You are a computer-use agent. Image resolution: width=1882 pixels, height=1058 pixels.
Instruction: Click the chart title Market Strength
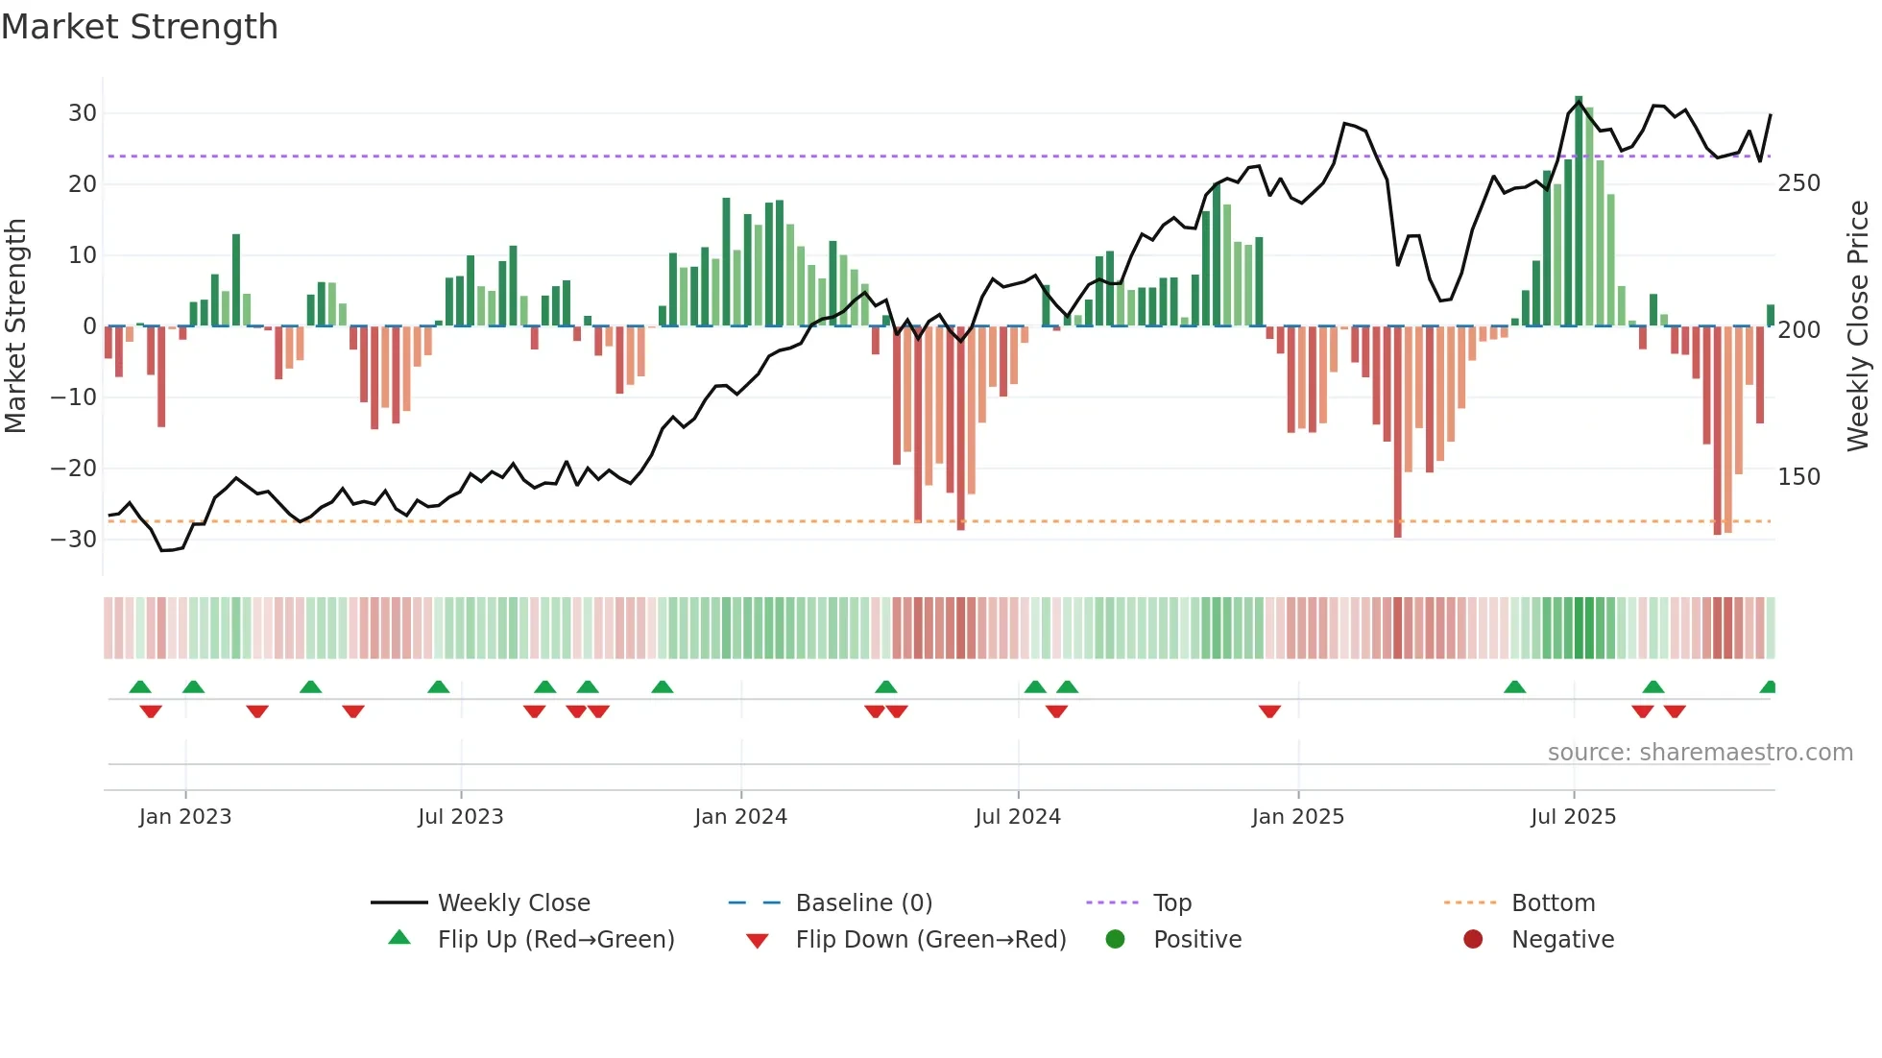click(139, 27)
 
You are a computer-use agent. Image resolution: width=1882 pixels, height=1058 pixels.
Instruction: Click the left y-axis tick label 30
click(83, 113)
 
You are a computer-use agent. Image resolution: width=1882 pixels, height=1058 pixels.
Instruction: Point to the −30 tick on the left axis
click(75, 540)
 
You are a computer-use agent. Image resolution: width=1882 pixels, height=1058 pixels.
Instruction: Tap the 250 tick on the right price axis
click(1798, 183)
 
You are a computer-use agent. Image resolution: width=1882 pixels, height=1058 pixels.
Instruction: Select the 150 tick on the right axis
click(1798, 477)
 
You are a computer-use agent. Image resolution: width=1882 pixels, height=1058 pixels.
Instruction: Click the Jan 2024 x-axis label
click(740, 817)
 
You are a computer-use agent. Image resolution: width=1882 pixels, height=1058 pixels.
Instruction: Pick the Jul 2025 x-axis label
click(1573, 817)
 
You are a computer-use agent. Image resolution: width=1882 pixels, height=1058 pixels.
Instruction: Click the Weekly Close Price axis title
click(1858, 326)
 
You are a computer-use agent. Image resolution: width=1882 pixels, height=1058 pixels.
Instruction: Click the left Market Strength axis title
click(15, 326)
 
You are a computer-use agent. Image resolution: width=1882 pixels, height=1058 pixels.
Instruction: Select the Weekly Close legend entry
click(514, 903)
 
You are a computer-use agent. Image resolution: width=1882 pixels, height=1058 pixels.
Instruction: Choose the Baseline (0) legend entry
click(863, 903)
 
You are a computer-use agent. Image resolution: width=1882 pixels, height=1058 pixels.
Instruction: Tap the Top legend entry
click(1171, 903)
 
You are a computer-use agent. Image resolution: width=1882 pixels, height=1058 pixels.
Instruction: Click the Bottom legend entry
click(1553, 903)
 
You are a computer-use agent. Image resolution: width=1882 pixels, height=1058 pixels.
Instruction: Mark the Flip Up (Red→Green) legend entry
click(555, 940)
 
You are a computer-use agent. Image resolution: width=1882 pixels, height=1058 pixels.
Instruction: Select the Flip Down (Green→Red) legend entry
click(929, 940)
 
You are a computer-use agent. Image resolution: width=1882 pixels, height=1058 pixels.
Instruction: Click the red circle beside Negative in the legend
click(1473, 940)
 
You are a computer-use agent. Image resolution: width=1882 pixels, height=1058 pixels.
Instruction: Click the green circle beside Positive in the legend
click(1115, 940)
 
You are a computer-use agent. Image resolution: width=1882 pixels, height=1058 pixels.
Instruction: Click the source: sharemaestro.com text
click(1700, 753)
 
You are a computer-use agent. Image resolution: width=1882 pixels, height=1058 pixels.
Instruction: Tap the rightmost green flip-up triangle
click(1768, 687)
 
